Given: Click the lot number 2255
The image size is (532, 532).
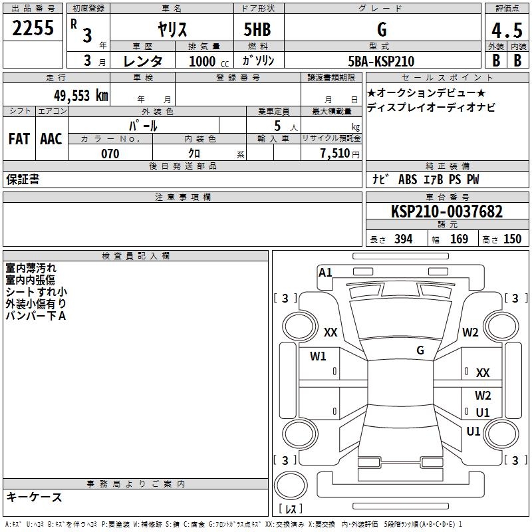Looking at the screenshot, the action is click(33, 27).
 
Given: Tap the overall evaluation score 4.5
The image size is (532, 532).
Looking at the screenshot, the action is click(507, 31).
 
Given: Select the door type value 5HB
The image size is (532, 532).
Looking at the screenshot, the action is click(257, 29).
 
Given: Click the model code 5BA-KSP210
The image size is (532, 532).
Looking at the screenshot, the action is click(381, 61).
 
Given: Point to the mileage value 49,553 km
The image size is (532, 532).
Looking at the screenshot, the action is click(80, 95).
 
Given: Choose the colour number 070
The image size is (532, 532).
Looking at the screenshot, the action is click(110, 154).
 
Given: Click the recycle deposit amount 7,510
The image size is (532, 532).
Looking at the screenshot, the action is click(335, 153).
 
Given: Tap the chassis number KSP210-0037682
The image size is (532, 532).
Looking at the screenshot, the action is click(447, 211).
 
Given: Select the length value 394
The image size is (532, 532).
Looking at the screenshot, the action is click(403, 239).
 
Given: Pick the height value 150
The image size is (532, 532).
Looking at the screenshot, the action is click(512, 239).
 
